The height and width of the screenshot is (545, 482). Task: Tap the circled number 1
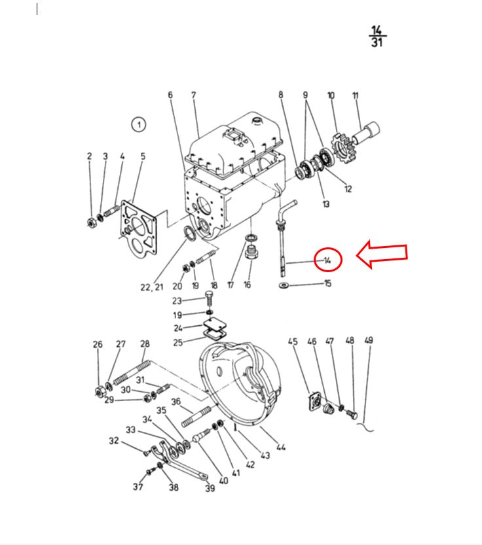[x=138, y=124]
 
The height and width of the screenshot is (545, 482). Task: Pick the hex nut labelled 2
[x=92, y=221]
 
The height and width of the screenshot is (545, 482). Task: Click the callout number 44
[x=281, y=448]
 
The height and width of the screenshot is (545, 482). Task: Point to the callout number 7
[x=194, y=96]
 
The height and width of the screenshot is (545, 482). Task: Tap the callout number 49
[x=369, y=341]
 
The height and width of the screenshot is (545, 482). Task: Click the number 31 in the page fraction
[x=377, y=43]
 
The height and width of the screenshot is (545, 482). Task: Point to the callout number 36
[x=175, y=402]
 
